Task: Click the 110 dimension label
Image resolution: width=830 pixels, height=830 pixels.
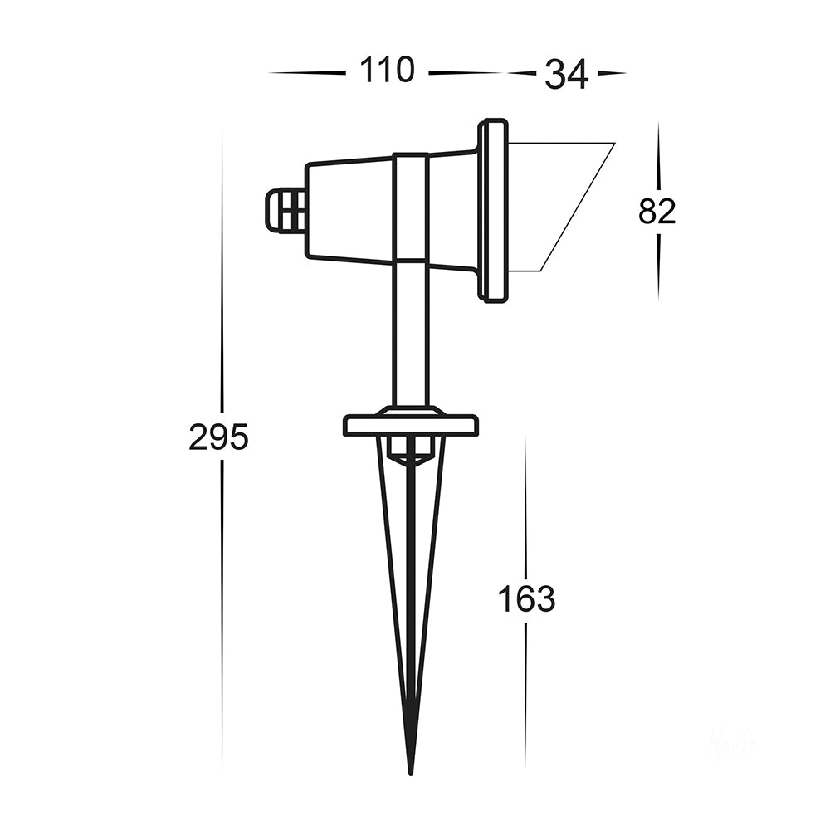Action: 386,71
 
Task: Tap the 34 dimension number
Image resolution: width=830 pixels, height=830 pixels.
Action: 566,76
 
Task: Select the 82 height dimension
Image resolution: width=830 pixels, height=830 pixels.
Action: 657,212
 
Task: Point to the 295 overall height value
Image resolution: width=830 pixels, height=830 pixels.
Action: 218,437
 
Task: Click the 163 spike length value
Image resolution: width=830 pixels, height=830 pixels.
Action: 526,598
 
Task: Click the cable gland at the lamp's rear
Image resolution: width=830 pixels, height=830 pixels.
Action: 285,211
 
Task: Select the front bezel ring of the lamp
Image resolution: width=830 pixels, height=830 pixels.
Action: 492,211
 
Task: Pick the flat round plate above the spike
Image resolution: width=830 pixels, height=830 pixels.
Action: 411,426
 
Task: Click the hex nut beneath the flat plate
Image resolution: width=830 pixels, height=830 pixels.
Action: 411,451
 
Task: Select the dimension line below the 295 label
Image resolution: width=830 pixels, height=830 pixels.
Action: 222,614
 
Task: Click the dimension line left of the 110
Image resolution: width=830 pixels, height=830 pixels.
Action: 307,73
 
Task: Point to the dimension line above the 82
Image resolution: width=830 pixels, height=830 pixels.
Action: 658,158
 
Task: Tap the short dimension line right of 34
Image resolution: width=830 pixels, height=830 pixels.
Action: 612,73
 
